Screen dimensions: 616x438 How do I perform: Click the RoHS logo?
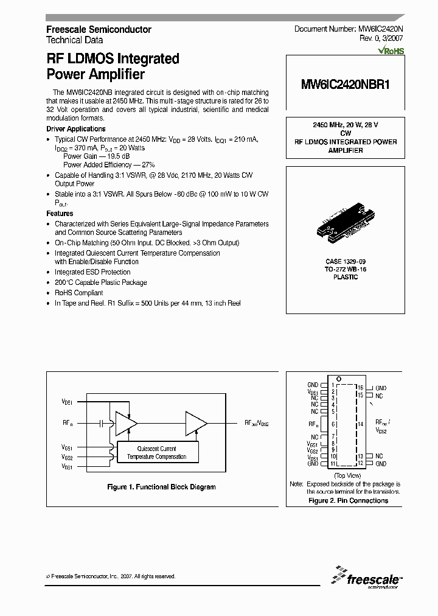[x=391, y=51]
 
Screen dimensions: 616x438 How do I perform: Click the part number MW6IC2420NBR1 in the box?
[x=345, y=86]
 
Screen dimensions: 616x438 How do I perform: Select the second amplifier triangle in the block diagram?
[x=196, y=422]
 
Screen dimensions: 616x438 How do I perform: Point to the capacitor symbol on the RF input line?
[x=103, y=422]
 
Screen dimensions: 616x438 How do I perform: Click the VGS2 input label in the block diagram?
[x=67, y=457]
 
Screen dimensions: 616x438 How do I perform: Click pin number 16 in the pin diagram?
[x=360, y=388]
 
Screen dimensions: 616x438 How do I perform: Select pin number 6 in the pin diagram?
[x=333, y=424]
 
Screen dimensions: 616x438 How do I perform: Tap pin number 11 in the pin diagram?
[x=333, y=464]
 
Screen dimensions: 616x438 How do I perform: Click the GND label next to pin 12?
[x=381, y=464]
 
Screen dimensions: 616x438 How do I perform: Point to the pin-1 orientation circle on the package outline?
[x=339, y=379]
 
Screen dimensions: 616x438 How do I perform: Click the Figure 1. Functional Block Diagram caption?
[x=161, y=487]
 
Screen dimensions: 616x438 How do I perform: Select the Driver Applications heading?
[x=76, y=129]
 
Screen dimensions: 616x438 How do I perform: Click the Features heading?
[x=60, y=214]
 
